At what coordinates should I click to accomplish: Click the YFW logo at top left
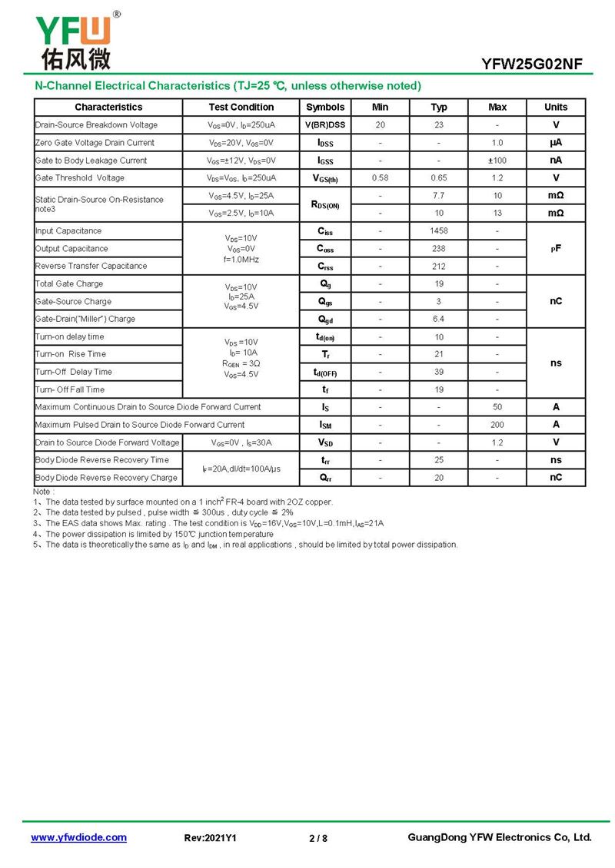point(74,40)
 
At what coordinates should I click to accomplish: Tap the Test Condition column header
point(241,107)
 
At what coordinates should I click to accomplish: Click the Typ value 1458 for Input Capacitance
point(439,230)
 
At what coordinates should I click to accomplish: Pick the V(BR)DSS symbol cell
point(325,124)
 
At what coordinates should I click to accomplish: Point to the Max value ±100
point(497,160)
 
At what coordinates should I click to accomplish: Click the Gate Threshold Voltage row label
point(80,177)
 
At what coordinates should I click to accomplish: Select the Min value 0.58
point(380,177)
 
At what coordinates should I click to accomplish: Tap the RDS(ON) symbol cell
point(325,204)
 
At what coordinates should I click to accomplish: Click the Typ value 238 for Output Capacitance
point(439,248)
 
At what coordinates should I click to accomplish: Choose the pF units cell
point(556,248)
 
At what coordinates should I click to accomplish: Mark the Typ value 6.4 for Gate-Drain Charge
point(439,319)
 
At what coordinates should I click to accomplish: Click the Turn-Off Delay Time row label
point(74,372)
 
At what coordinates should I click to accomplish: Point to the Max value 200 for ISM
point(497,424)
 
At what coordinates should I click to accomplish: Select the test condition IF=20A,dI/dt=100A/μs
point(241,469)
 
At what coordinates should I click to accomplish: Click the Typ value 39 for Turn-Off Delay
point(439,372)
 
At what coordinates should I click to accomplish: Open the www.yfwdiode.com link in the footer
point(78,837)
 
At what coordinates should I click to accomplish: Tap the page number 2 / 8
point(317,838)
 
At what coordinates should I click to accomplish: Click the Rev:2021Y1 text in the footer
point(211,838)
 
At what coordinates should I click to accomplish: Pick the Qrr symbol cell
point(325,477)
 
